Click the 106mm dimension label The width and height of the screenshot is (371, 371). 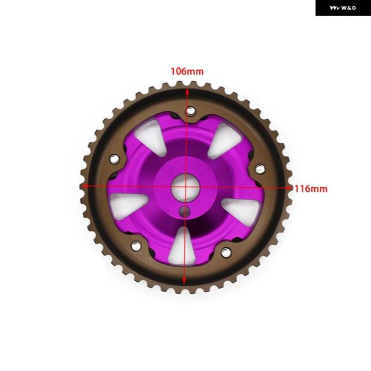coord(187,71)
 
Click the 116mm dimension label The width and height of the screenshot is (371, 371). coord(311,189)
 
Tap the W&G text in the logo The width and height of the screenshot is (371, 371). coord(348,8)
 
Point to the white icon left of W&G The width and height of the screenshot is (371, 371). coord(334,8)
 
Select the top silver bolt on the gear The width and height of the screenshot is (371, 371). coord(191,111)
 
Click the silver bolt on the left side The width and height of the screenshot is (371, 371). coord(115,159)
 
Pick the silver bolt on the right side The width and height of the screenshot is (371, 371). coord(260,169)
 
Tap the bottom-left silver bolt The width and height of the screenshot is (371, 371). coord(136,246)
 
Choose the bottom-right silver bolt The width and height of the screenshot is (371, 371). coord(226,253)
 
